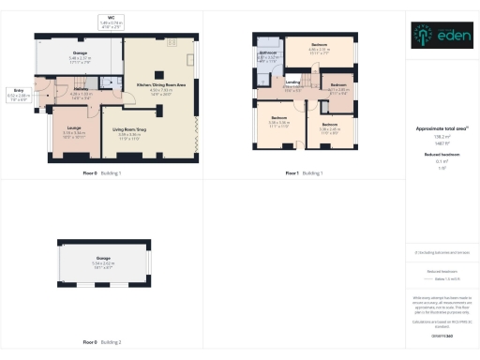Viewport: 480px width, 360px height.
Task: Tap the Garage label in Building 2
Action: pyautogui.click(x=103, y=262)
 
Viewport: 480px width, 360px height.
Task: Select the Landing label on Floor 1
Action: pyautogui.click(x=293, y=84)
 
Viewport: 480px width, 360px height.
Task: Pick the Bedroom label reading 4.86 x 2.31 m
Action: pyautogui.click(x=319, y=46)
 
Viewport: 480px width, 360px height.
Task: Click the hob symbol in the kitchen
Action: pyautogui.click(x=171, y=42)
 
